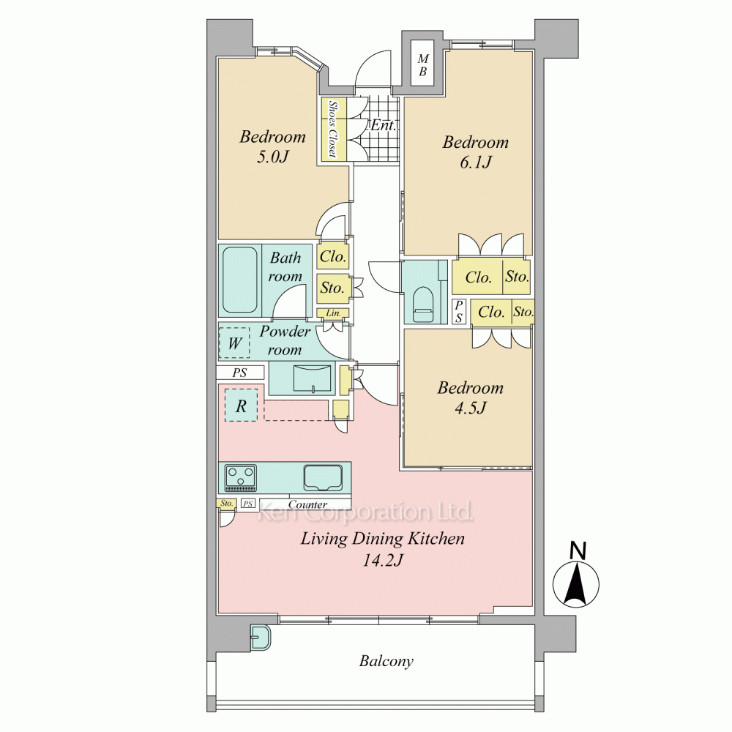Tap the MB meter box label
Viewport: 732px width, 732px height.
(422, 65)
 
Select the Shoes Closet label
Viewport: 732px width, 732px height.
(332, 129)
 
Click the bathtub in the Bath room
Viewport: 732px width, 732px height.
(240, 280)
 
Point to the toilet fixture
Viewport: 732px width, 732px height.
(422, 304)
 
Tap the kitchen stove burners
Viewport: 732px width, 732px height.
(240, 477)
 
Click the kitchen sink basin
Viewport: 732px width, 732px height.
(323, 478)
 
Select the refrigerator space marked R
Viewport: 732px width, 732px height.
(241, 406)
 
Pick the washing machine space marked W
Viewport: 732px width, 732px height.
(234, 343)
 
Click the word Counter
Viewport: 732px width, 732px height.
(307, 504)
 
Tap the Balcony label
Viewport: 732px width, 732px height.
(386, 662)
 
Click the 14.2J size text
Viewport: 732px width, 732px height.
(383, 560)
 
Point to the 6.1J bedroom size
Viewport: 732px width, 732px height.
(476, 162)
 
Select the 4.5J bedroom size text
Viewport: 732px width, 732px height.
(471, 408)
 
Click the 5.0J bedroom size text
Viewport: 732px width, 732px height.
(272, 157)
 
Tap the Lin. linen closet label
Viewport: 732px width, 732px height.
(333, 313)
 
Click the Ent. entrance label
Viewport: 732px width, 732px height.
(384, 125)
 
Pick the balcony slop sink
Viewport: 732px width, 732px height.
(261, 638)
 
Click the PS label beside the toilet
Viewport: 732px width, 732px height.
(459, 311)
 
